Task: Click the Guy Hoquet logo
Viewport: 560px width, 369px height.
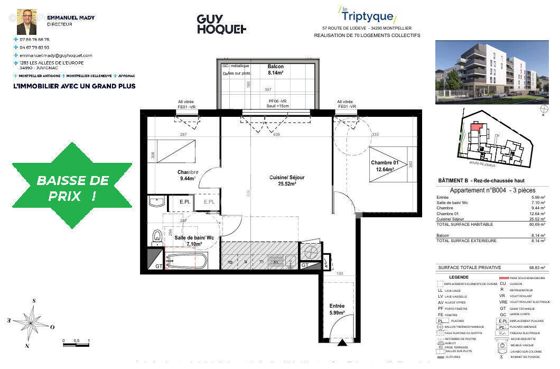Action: (x=221, y=24)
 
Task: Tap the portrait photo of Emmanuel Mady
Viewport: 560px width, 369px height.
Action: (x=26, y=21)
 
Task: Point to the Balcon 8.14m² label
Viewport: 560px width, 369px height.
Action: (x=275, y=70)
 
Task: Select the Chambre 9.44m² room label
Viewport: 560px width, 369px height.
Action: (x=188, y=175)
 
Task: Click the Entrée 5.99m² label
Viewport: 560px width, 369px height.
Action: (x=337, y=309)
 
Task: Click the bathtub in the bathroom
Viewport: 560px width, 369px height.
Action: (x=186, y=261)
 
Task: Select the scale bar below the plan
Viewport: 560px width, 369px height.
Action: (x=76, y=345)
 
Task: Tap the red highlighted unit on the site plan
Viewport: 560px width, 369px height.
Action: (x=476, y=126)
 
